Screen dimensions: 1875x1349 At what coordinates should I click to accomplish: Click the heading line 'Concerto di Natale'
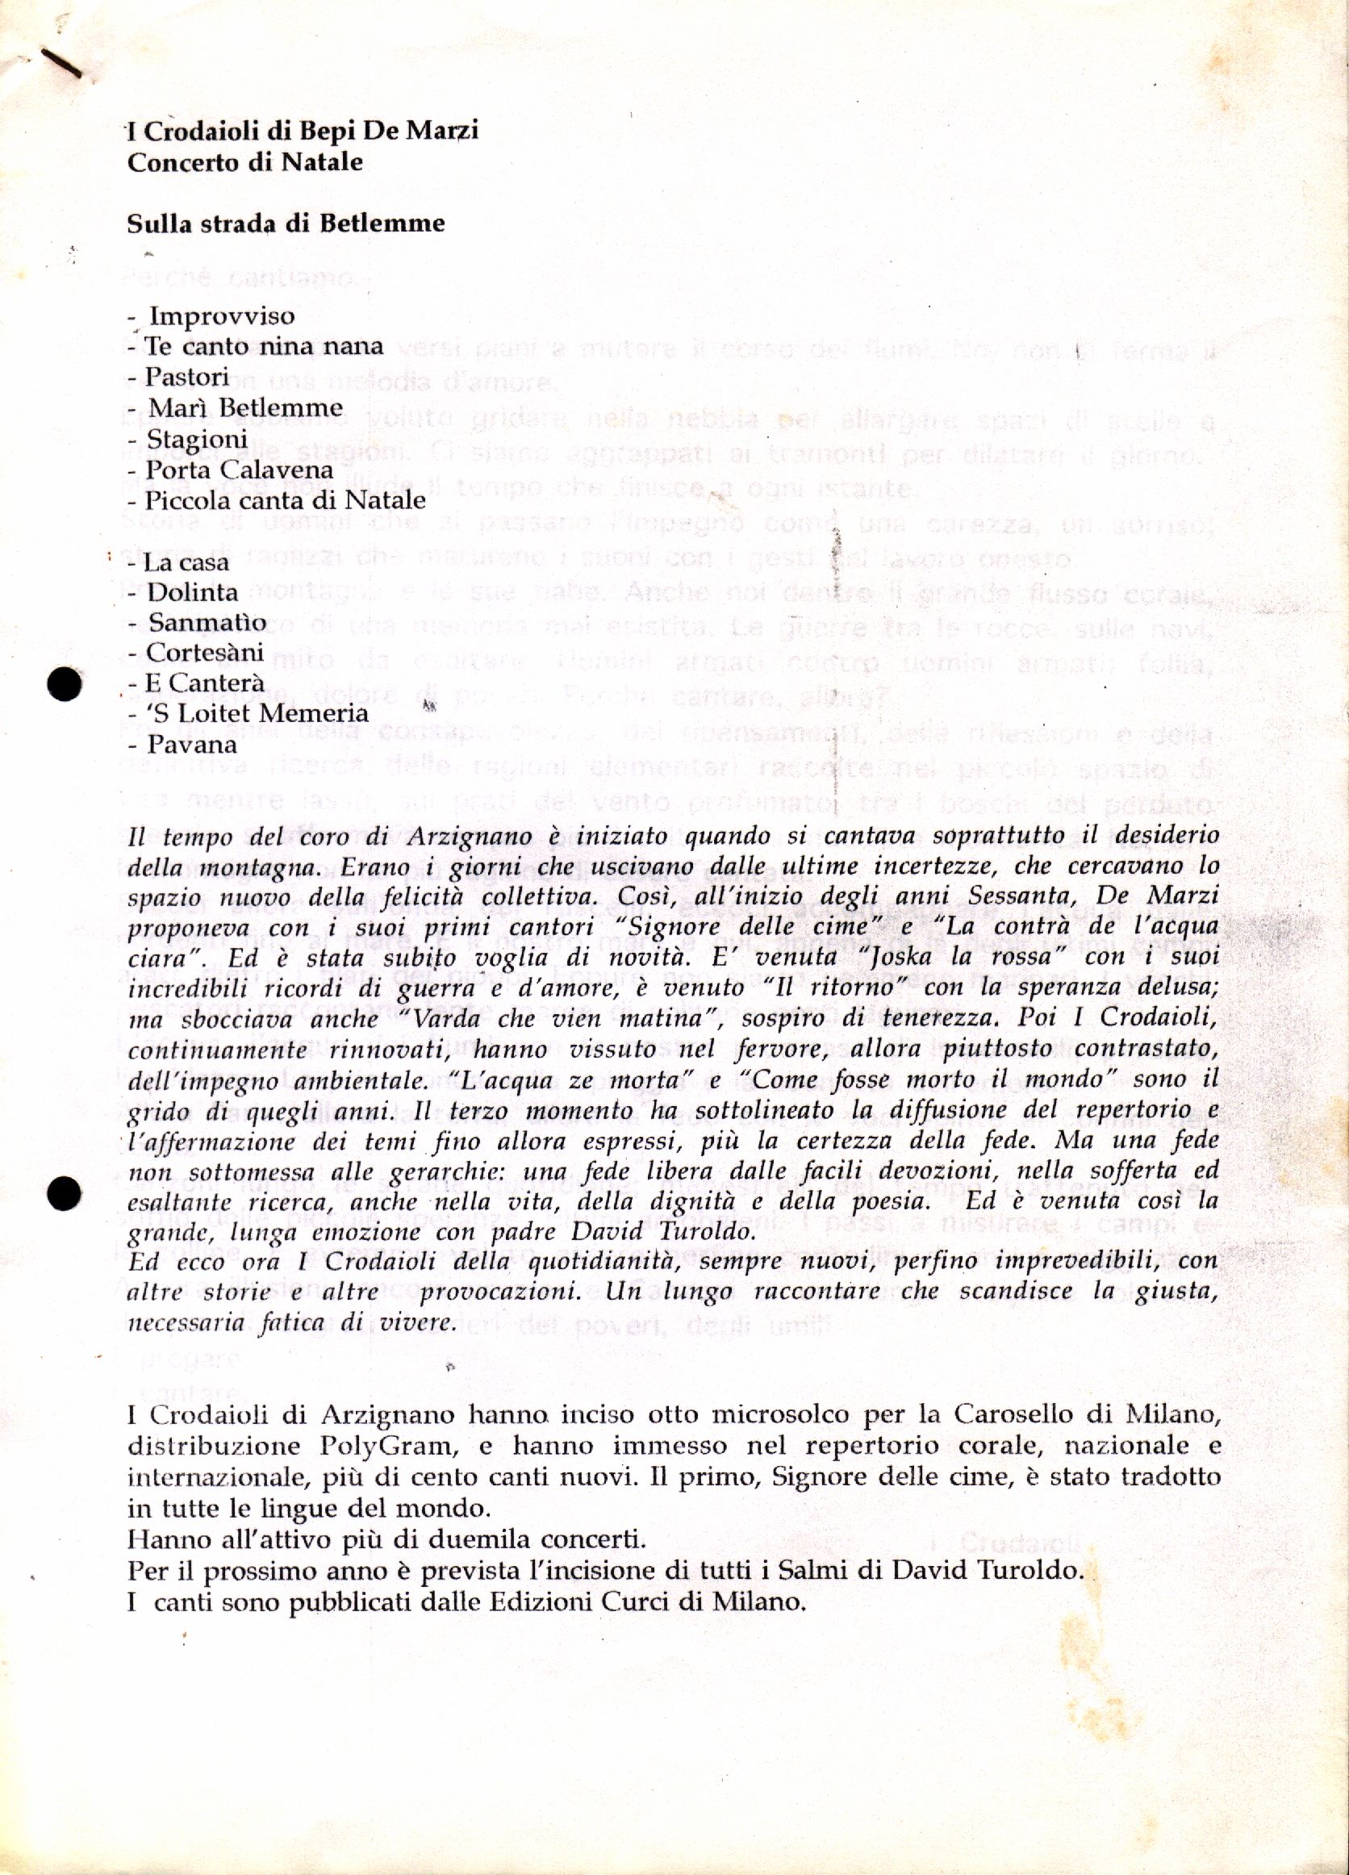click(244, 161)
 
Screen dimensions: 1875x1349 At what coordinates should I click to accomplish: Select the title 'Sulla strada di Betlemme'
click(286, 223)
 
